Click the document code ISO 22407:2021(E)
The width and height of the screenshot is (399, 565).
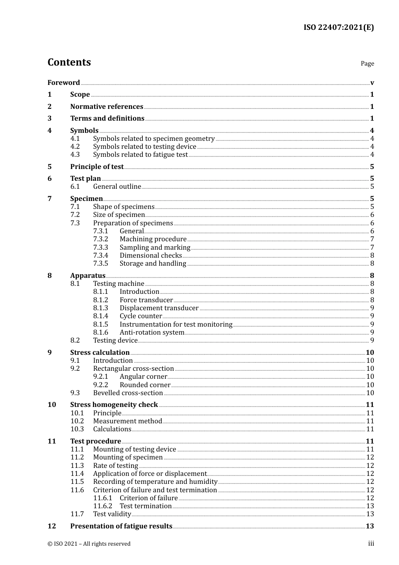point(339,28)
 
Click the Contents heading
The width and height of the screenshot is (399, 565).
point(69,62)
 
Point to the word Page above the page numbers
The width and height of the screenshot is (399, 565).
point(367,63)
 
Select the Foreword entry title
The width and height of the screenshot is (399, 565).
point(63,83)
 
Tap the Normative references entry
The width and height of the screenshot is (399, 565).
point(107,107)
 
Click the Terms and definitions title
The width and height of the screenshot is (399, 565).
point(107,119)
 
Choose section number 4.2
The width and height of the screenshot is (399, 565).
point(75,147)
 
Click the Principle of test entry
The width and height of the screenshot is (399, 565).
point(97,167)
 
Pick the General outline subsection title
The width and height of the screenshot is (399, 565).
point(117,187)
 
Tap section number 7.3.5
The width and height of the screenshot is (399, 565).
point(100,264)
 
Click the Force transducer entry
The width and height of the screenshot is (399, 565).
point(146,300)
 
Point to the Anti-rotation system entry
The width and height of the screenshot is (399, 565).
point(152,333)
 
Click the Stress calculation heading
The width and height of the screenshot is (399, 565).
point(100,353)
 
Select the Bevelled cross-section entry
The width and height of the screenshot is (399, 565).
point(128,393)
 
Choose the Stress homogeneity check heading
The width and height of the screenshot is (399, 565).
point(114,405)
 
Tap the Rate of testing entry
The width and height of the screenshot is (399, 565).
point(115,466)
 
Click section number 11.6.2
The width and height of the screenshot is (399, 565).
point(102,506)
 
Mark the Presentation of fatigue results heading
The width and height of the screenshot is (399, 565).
point(121,526)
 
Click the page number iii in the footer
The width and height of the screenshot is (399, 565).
point(371,544)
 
